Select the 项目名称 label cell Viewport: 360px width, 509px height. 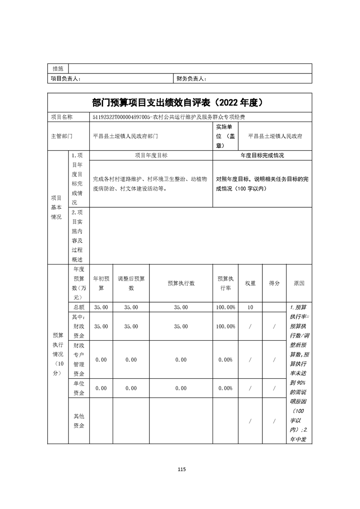point(61,117)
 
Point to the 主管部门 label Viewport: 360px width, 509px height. point(61,136)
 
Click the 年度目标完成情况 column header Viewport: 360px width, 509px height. point(262,155)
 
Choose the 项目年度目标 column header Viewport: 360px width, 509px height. point(151,155)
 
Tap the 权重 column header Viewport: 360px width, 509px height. point(250,283)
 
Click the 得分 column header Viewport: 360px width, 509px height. point(274,283)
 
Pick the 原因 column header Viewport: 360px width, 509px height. point(299,283)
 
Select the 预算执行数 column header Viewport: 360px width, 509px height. point(181,283)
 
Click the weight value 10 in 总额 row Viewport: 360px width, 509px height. point(250,307)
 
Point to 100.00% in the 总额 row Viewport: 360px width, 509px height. point(226,307)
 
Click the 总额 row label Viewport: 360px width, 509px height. point(79,307)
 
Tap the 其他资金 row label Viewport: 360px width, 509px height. point(79,421)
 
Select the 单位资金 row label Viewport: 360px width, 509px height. point(79,388)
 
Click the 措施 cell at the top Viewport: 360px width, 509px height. point(58,69)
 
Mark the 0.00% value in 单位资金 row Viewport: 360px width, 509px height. point(226,388)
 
